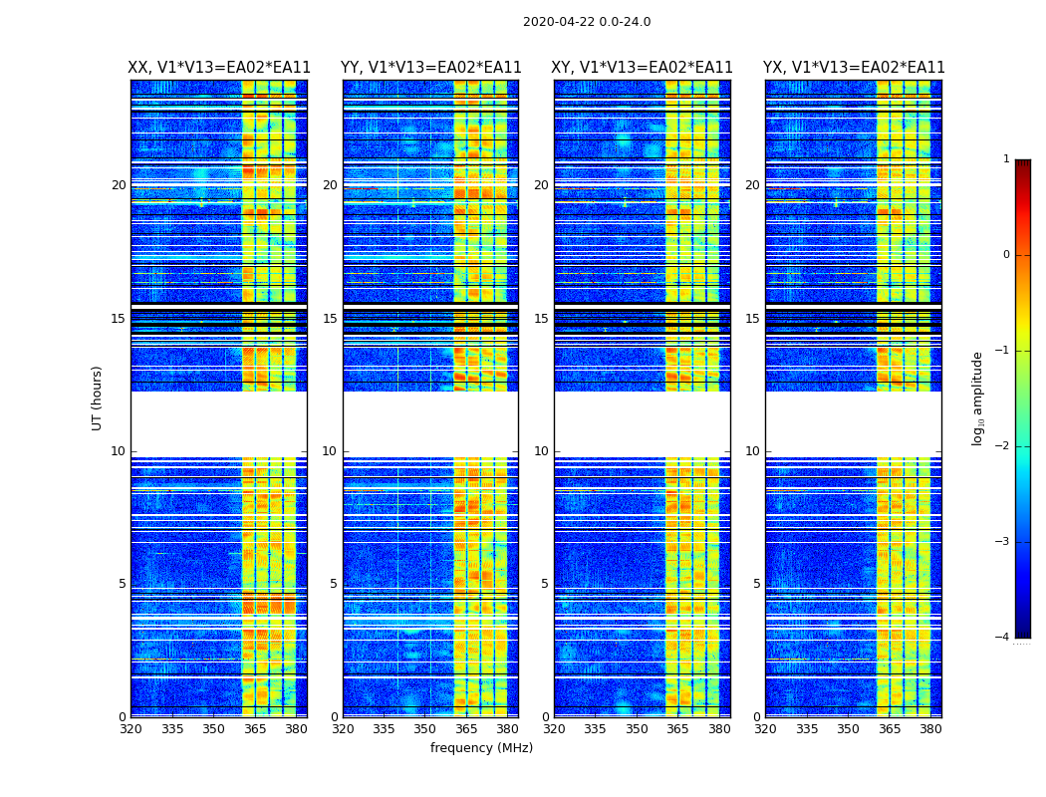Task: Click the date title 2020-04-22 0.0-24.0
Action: coord(587,22)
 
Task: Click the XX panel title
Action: coord(219,68)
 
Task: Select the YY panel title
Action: coord(430,68)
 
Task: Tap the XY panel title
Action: coord(643,68)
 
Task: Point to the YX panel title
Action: coord(854,68)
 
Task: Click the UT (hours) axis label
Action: coord(98,398)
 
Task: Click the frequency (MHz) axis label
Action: coord(481,748)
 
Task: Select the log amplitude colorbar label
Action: coord(978,398)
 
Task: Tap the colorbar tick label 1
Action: coord(1006,159)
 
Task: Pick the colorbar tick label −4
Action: coord(1003,638)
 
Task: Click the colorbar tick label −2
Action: coord(1003,446)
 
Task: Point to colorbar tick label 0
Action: coord(1006,255)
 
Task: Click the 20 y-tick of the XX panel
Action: coord(119,185)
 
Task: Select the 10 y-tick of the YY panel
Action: coord(330,451)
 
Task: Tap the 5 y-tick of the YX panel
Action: coord(757,584)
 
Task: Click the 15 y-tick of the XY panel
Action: coord(541,319)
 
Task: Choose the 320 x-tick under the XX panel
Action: coord(131,729)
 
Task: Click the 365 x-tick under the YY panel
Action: coord(466,729)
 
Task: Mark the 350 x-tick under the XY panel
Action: coord(636,729)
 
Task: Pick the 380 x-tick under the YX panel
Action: coord(930,729)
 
